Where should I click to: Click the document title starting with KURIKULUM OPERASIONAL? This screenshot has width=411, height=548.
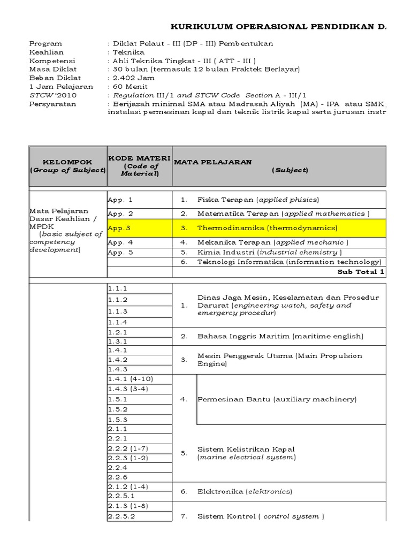point(284,26)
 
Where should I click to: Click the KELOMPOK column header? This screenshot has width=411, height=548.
point(67,166)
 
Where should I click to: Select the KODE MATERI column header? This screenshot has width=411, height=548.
point(139,166)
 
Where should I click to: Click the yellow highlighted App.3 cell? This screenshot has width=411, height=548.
point(139,228)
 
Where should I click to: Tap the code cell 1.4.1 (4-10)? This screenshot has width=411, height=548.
point(127,379)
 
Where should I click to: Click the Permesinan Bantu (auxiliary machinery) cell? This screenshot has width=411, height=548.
point(277,399)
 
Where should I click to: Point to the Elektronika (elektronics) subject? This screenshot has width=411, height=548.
point(245,491)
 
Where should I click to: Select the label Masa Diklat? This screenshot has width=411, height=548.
point(53,70)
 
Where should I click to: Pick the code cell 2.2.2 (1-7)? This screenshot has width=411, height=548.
point(127,447)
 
